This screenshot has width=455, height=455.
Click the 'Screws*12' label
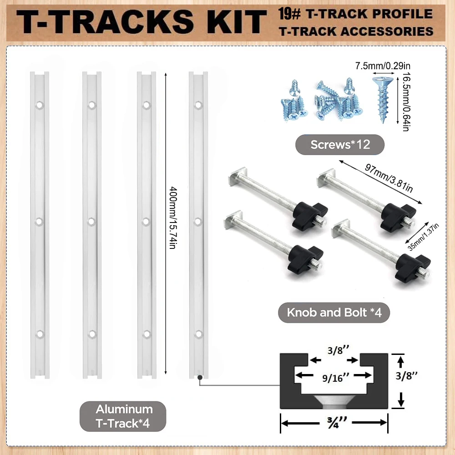tap(340, 145)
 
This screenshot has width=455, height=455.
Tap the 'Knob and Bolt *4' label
tap(334, 313)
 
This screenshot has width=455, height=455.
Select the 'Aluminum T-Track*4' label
tap(123, 416)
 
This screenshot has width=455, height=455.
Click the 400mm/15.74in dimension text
tap(173, 218)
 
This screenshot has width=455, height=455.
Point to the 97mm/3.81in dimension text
tap(389, 178)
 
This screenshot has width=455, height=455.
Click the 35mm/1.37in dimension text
tap(423, 237)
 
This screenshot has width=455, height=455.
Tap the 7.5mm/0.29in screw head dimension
tap(383, 66)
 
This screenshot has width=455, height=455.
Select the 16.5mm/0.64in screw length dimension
tap(406, 101)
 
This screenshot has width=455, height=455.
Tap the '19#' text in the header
tap(289, 14)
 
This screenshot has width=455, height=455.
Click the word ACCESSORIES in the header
tap(387, 31)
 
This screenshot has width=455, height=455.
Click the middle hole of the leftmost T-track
tap(39, 222)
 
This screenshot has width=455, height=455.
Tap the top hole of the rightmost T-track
tap(198, 105)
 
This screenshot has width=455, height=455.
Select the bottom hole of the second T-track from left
tap(92, 334)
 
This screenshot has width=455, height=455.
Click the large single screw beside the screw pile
tap(383, 100)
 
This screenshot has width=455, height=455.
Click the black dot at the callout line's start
tap(200, 378)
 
